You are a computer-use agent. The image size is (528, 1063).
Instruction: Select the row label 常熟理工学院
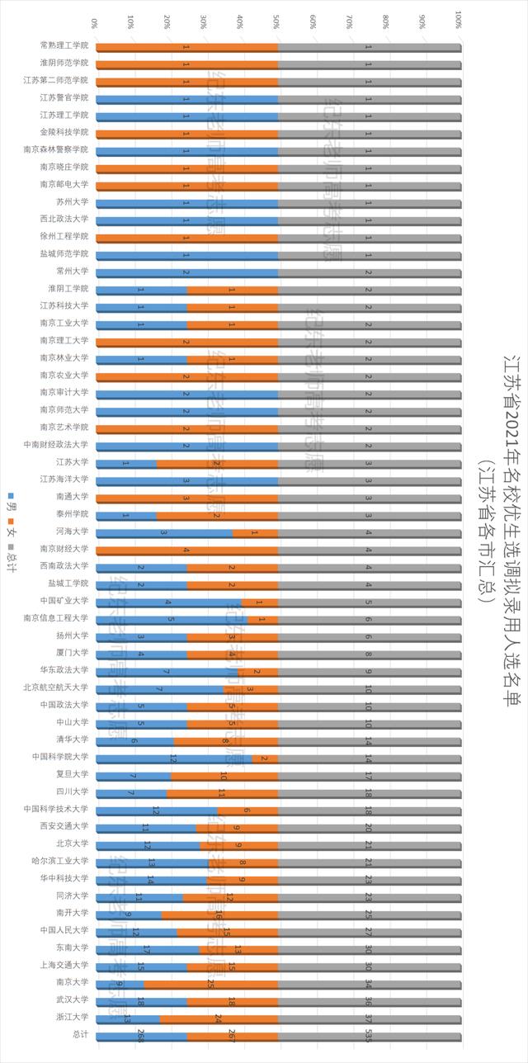coord(64,46)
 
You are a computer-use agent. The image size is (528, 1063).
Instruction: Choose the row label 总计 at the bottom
coord(80,1036)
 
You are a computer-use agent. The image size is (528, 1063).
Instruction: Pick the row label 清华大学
coord(73,740)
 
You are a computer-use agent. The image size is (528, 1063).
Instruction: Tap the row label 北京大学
coord(73,844)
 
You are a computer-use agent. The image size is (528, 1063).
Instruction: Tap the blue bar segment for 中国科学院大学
coord(174,758)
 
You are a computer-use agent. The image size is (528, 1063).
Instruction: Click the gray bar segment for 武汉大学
coord(369,1001)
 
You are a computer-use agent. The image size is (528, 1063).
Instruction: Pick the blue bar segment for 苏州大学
coord(186,202)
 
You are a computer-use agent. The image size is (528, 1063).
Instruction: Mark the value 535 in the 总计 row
coord(369,1035)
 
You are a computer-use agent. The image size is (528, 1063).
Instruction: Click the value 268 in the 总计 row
coord(141,1035)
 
